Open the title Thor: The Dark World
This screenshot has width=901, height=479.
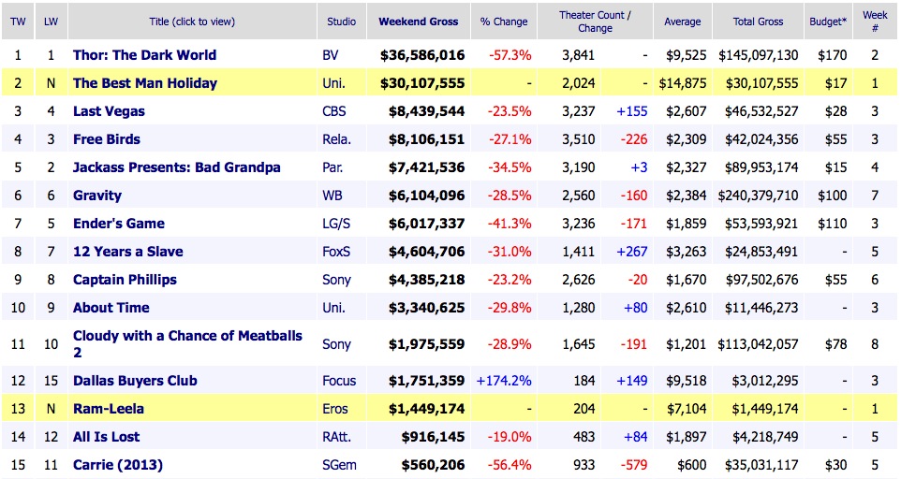144,55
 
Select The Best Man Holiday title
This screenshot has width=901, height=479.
144,83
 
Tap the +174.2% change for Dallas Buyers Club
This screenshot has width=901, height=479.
504,381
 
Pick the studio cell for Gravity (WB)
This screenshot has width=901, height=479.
332,196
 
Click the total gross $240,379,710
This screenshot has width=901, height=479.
759,196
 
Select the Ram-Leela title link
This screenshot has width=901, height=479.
109,409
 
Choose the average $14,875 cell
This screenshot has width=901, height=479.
681,83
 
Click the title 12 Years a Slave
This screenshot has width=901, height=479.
127,252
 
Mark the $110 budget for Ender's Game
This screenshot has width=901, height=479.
828,224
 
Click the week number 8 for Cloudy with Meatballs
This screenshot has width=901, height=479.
875,344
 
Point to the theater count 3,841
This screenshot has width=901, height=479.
578,55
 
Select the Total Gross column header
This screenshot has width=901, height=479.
759,22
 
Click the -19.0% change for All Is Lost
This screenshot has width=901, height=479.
510,437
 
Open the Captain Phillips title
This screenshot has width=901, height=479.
125,280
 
